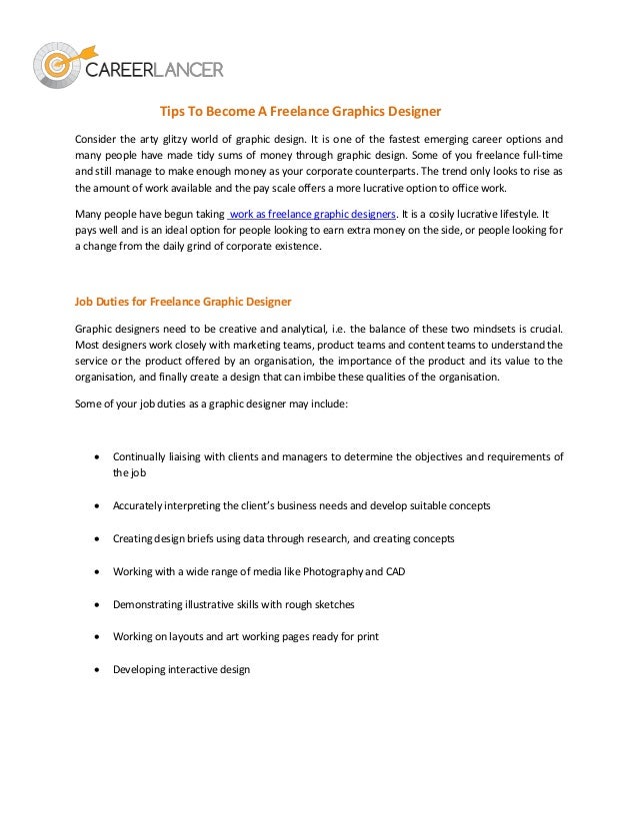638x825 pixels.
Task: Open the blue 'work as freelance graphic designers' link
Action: coord(312,214)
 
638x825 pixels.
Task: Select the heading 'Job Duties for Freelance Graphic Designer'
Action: coord(183,301)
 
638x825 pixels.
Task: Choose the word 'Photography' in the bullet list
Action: coord(335,570)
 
